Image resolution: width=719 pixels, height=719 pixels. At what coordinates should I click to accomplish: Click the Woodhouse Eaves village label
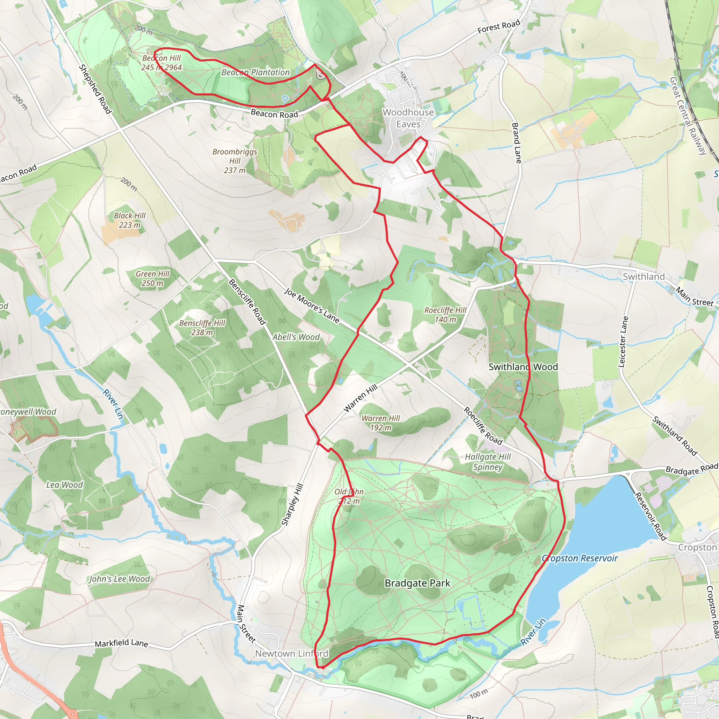(x=408, y=118)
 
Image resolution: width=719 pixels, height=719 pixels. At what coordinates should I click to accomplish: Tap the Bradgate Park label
(x=417, y=583)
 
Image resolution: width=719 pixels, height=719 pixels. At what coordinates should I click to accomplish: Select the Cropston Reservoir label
(x=580, y=558)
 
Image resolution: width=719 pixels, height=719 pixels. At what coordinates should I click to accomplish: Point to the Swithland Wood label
(x=523, y=367)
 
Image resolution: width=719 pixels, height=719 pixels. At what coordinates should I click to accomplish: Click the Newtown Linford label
(x=291, y=653)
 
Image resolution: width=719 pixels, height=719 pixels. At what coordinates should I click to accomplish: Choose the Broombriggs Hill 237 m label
(x=235, y=161)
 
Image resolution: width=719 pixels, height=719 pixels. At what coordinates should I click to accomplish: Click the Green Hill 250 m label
(x=152, y=278)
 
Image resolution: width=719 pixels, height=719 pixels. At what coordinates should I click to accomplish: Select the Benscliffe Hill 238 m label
(x=202, y=328)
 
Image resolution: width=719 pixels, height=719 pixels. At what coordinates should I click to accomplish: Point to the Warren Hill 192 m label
(x=380, y=423)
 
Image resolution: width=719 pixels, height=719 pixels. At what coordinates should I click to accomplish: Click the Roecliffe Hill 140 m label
(x=445, y=315)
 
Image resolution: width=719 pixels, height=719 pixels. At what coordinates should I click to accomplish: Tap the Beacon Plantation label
(x=255, y=72)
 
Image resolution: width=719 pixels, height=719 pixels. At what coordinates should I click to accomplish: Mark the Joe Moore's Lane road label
(x=312, y=305)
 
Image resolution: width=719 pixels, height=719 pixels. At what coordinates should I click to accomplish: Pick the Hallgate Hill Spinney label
(x=488, y=462)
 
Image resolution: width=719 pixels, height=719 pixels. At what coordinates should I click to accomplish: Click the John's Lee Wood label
(x=119, y=579)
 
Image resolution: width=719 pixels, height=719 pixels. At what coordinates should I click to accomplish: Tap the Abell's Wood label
(x=296, y=337)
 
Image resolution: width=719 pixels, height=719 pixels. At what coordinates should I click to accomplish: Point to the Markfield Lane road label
(x=121, y=644)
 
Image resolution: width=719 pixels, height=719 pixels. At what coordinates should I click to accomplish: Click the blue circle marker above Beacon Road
(x=285, y=98)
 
